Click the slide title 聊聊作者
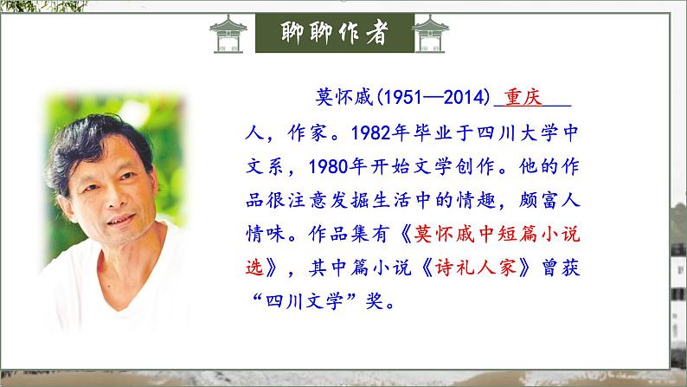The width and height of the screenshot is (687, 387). (335, 33)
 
